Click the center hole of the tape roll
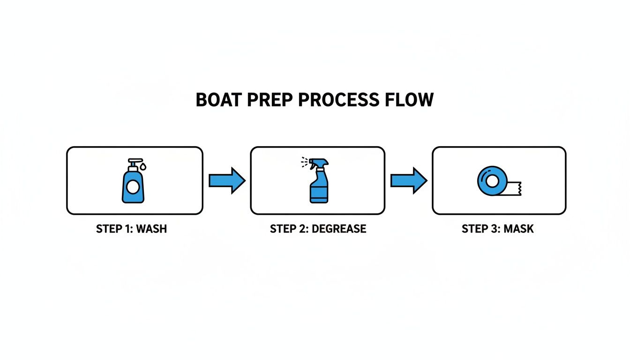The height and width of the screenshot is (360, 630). point(492,180)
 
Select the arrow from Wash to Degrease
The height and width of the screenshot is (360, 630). point(227,180)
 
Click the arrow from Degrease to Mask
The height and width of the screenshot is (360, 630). point(409,180)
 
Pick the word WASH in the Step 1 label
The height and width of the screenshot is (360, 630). point(151,229)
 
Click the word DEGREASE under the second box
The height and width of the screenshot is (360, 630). point(339,229)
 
